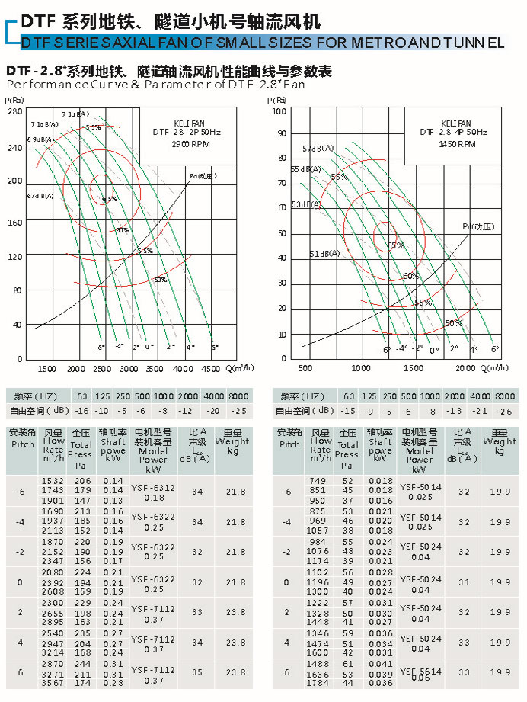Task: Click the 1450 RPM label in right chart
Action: (453, 143)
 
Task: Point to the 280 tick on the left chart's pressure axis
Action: (15, 111)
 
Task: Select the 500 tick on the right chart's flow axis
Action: (305, 368)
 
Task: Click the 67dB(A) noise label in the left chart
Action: (40, 196)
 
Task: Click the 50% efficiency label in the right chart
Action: (454, 323)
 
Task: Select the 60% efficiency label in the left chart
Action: (123, 229)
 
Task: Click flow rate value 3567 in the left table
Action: (53, 682)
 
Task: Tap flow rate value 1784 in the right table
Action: (318, 682)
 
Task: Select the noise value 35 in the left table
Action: (198, 673)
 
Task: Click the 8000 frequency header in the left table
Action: (238, 396)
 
